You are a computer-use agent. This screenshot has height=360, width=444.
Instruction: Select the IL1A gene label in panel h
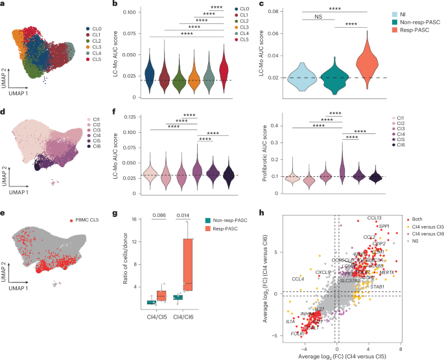point(290,321)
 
